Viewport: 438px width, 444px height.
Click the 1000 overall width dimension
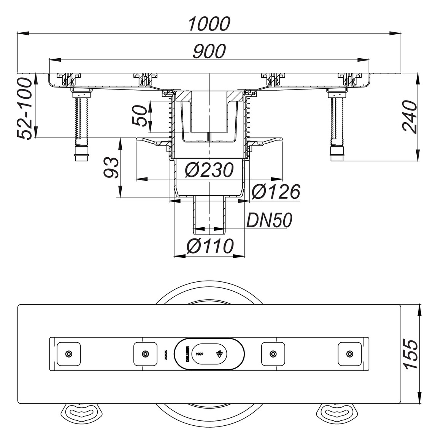pos(209,24)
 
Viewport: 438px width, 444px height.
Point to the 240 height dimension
pos(410,117)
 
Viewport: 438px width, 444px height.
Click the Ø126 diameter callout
pos(276,192)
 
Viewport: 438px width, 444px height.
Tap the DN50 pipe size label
pos(269,220)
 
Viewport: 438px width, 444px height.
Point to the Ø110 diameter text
pos(209,246)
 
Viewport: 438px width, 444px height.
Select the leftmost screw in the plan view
pos(68,354)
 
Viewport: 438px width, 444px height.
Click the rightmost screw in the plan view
pos(349,354)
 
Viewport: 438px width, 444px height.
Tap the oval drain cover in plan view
pos(209,354)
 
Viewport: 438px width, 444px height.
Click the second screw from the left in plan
pos(145,354)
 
